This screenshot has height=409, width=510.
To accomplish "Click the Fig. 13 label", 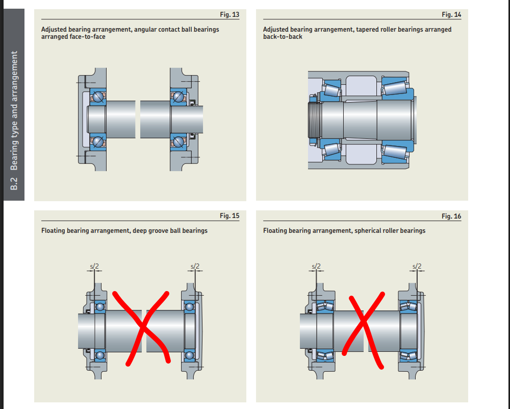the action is [229, 15].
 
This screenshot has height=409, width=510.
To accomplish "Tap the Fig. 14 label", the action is [451, 15].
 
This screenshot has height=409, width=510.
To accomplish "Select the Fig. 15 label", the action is [229, 215].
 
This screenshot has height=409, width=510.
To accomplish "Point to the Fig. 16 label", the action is [451, 216].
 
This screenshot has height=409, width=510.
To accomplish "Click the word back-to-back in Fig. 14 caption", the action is [283, 37].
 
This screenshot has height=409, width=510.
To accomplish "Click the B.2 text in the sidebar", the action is [14, 184].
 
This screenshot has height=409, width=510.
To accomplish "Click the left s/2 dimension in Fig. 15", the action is [94, 267].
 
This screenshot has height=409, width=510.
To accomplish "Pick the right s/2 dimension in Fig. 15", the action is [195, 267].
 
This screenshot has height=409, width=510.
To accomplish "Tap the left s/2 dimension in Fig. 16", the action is [316, 267].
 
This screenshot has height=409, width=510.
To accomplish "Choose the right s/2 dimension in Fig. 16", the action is [417, 267].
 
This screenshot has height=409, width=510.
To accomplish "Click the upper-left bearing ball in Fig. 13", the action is [98, 97].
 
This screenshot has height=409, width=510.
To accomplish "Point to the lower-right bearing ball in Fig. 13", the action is [178, 141].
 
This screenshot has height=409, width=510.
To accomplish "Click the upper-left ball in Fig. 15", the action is [100, 307].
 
